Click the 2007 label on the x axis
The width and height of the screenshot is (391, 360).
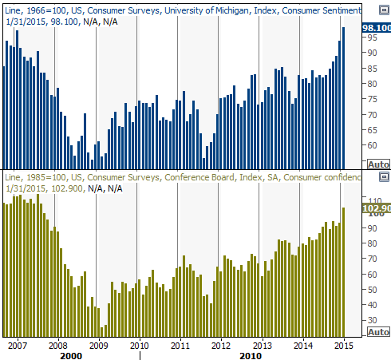(18, 346)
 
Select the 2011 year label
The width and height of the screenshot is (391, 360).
(180, 346)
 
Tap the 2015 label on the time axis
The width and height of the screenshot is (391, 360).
(344, 346)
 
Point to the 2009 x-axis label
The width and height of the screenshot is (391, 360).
(99, 346)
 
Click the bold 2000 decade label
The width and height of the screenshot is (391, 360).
(71, 356)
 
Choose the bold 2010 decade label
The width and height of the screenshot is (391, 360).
(251, 356)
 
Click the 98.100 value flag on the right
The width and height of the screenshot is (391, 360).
(377, 28)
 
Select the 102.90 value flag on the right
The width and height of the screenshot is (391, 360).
(377, 208)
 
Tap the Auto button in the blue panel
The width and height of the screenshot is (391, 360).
(378, 164)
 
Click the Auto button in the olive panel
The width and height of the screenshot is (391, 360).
(378, 332)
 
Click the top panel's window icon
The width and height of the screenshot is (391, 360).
(384, 10)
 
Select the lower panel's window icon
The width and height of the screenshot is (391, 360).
(384, 177)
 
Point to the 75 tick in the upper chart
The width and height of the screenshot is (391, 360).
(372, 99)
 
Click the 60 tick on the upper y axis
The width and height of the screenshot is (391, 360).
(372, 145)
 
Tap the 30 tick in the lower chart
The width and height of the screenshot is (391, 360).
(372, 320)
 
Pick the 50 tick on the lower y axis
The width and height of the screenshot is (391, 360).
(372, 290)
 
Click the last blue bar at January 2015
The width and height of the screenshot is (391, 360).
(343, 98)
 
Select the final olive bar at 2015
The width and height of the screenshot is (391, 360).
(343, 272)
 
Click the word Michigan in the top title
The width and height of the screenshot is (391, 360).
(231, 10)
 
